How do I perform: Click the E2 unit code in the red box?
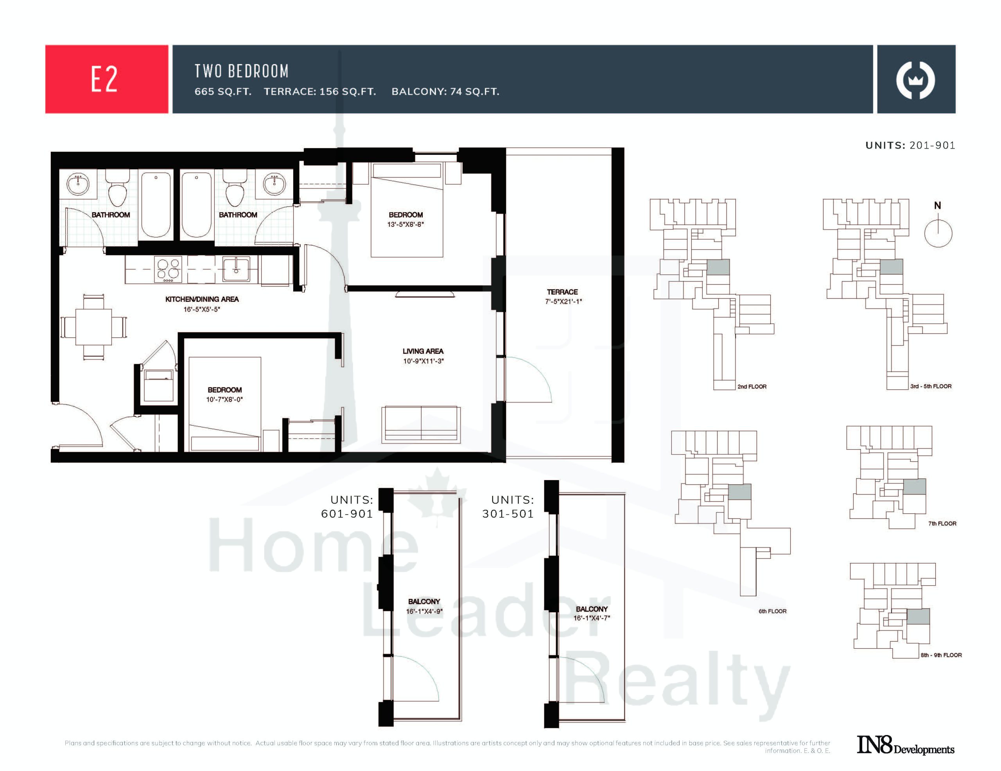pos(104,79)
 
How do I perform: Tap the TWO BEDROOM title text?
pos(242,71)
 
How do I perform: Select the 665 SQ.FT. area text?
pos(223,91)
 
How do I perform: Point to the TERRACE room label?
pos(562,292)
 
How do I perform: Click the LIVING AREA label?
pos(423,351)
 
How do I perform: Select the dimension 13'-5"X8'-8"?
pos(405,224)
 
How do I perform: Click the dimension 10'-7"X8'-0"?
pos(224,400)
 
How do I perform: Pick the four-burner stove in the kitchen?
pos(168,269)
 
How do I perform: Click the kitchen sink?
pos(236,269)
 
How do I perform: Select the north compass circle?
pos(938,233)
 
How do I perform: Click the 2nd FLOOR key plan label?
pos(752,386)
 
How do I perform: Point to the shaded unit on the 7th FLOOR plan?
pos(914,486)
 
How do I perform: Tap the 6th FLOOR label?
pos(772,611)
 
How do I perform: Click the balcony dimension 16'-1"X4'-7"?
pos(592,618)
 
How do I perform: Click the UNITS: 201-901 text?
pos(910,145)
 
